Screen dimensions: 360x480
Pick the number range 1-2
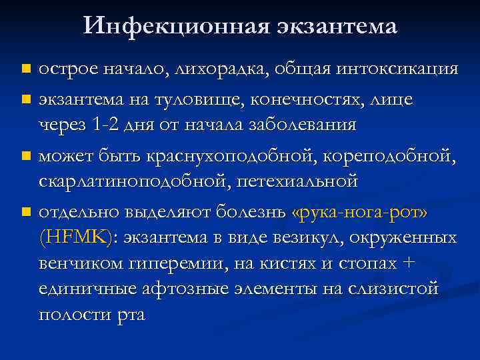tap(108, 125)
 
